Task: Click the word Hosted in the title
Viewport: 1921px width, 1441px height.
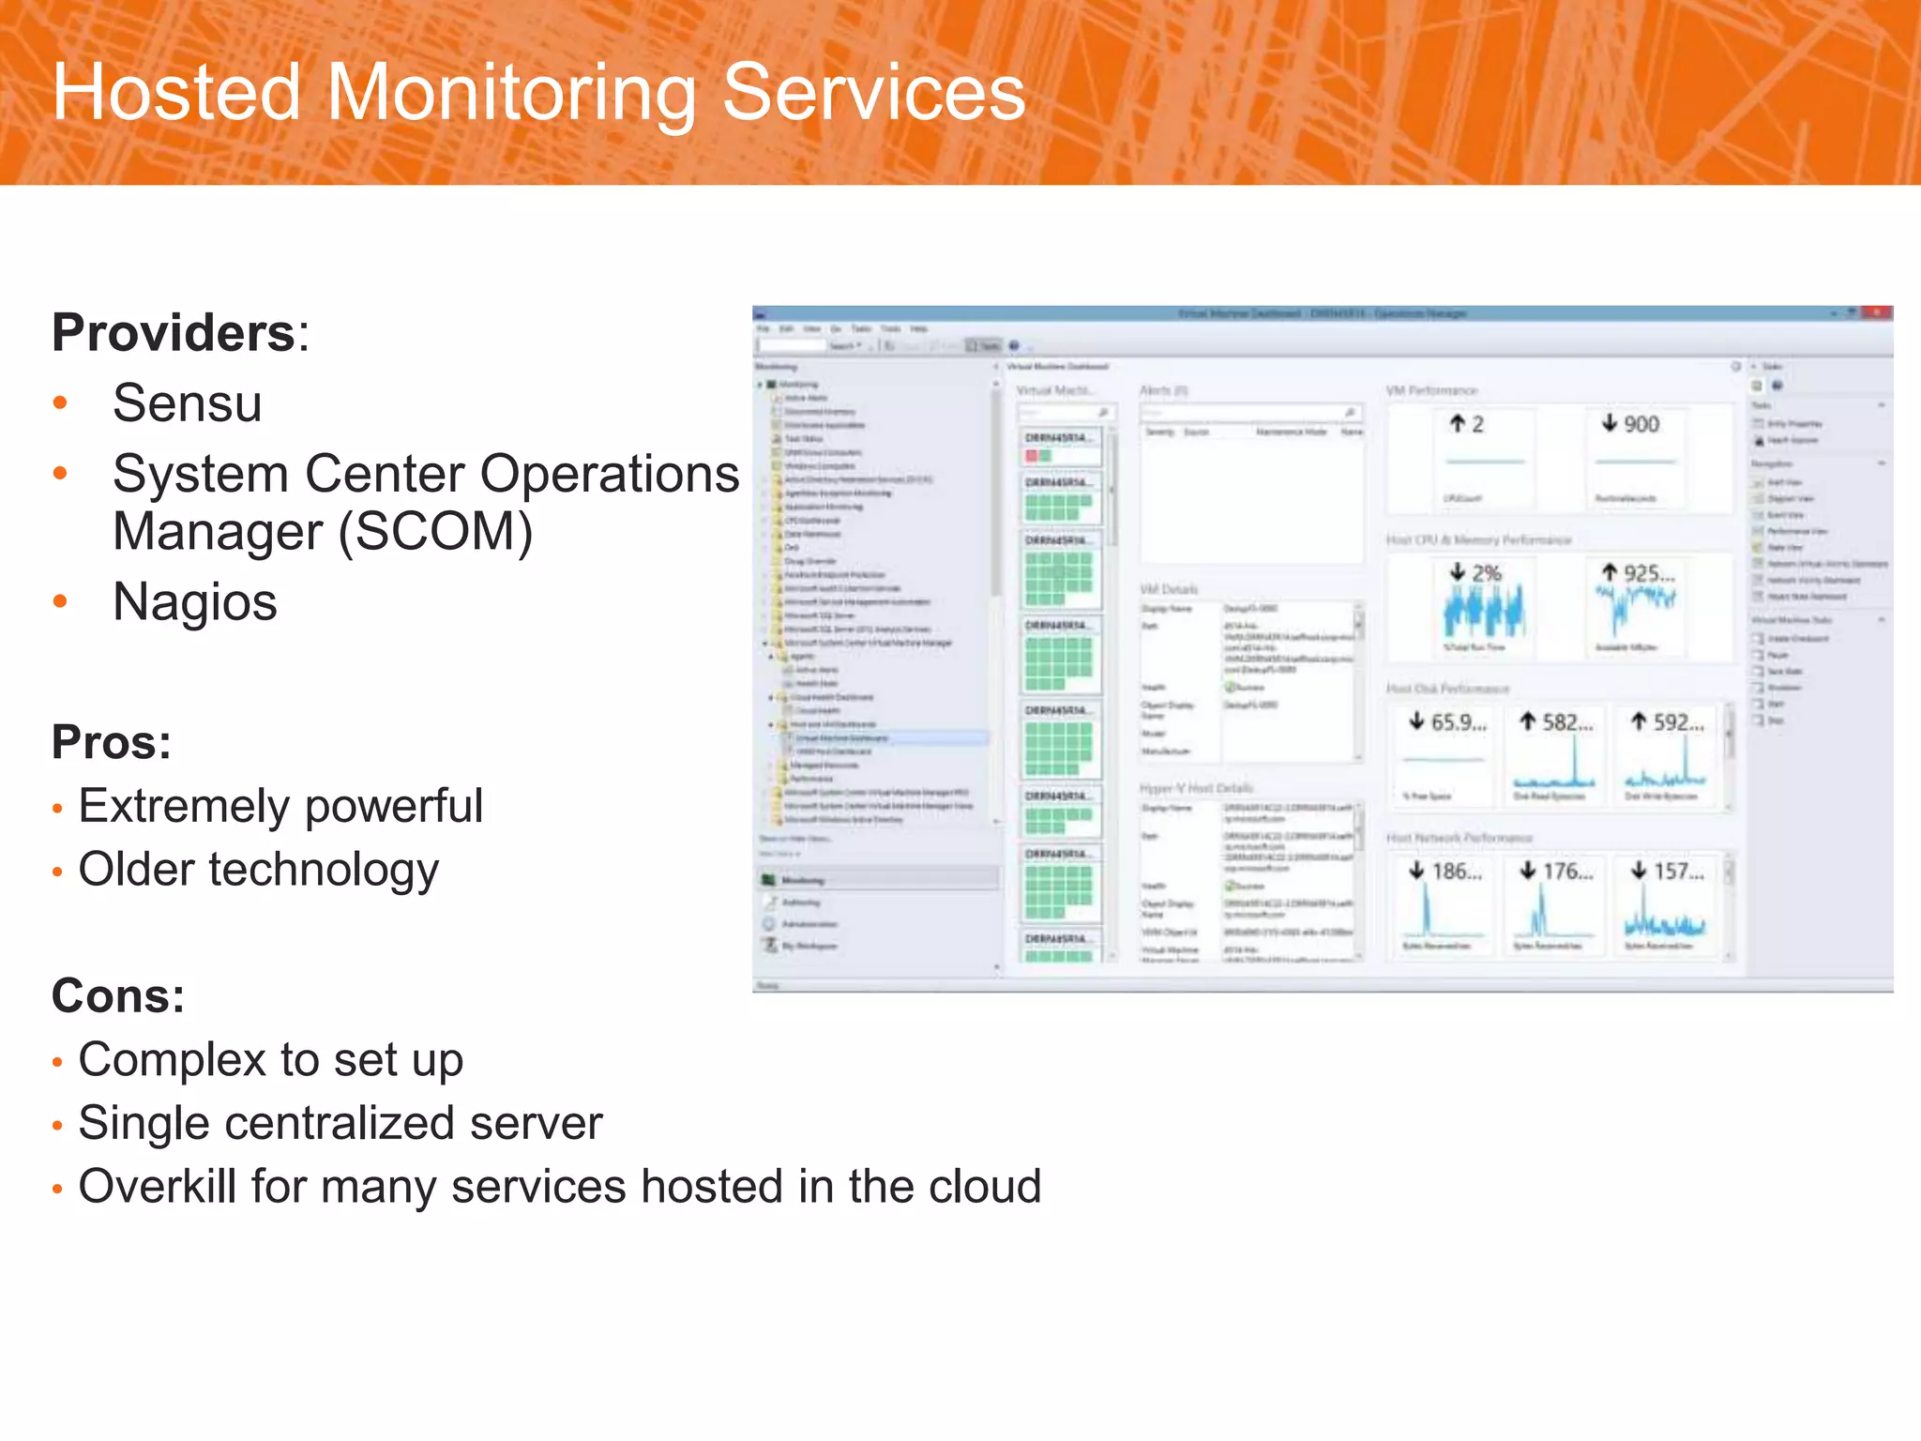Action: point(176,92)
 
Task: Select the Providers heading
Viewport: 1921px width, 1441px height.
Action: point(174,333)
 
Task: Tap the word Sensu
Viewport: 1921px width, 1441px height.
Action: point(187,403)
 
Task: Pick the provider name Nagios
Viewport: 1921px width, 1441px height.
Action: point(194,601)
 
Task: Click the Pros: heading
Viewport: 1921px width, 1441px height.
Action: point(112,742)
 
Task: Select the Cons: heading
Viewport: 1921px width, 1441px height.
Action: point(118,995)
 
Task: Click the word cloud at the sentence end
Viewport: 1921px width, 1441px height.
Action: point(985,1186)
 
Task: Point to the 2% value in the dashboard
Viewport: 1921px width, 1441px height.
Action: point(1486,573)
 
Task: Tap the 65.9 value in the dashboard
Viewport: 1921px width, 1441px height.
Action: point(1457,722)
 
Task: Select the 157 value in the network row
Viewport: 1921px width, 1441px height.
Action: point(1677,872)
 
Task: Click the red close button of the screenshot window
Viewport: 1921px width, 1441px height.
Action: point(1877,312)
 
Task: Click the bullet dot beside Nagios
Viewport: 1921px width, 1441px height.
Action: point(61,601)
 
